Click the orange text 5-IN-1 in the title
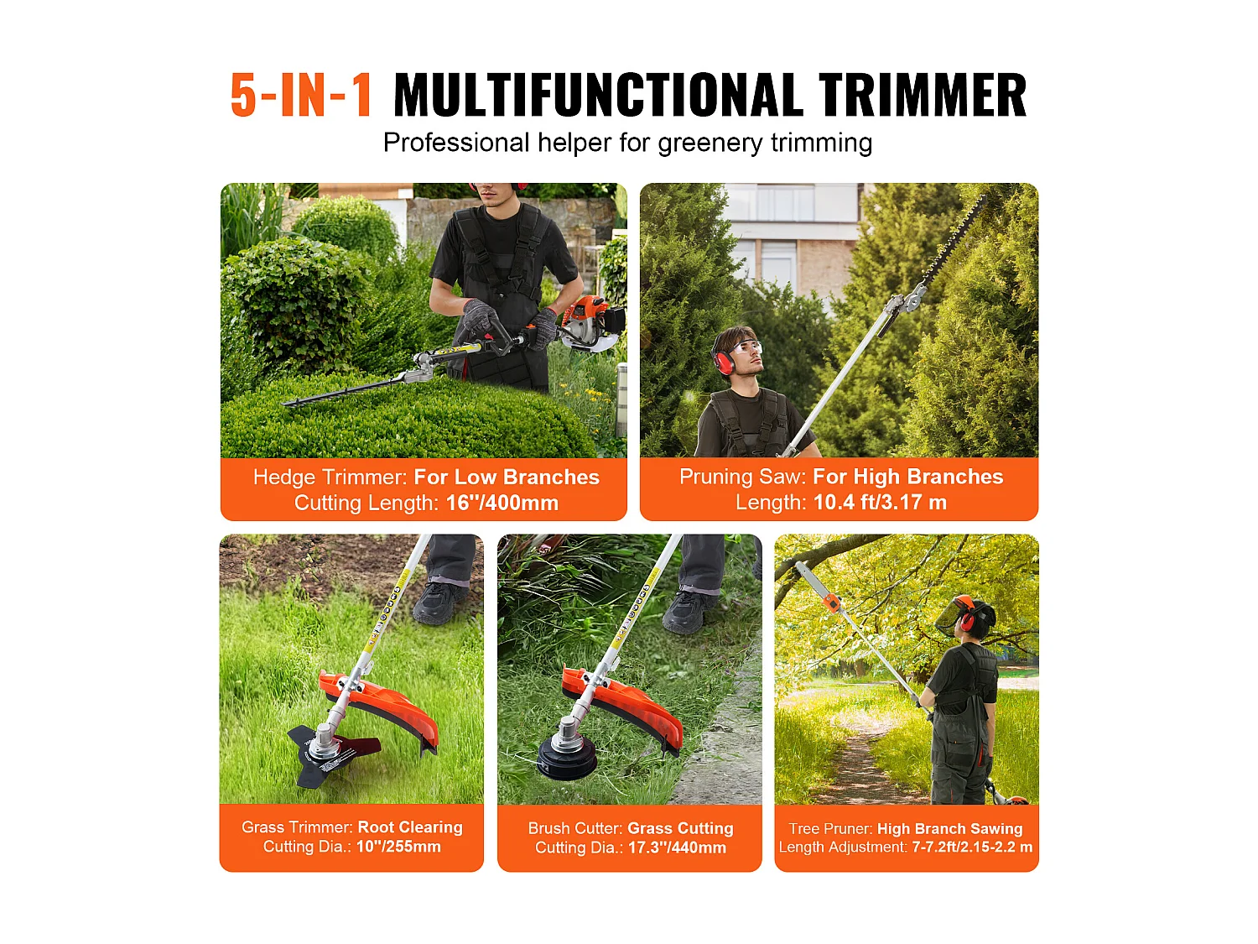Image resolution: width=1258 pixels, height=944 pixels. point(301,95)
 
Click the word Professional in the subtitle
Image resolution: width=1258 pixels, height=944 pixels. point(455,143)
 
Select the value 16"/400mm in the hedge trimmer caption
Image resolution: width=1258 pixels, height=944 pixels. point(502,503)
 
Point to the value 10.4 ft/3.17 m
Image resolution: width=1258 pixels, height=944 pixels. point(880,503)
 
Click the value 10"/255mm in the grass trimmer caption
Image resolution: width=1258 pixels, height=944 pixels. point(398,847)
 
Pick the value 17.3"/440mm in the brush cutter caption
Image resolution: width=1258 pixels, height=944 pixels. point(676,848)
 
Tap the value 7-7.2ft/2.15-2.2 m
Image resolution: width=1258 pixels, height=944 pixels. point(971,848)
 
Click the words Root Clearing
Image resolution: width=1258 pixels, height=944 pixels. point(410,827)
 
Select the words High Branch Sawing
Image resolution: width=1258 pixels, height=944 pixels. point(949,829)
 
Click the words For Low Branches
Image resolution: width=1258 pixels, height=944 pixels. point(507,477)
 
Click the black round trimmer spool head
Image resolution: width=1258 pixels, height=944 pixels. point(567,756)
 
